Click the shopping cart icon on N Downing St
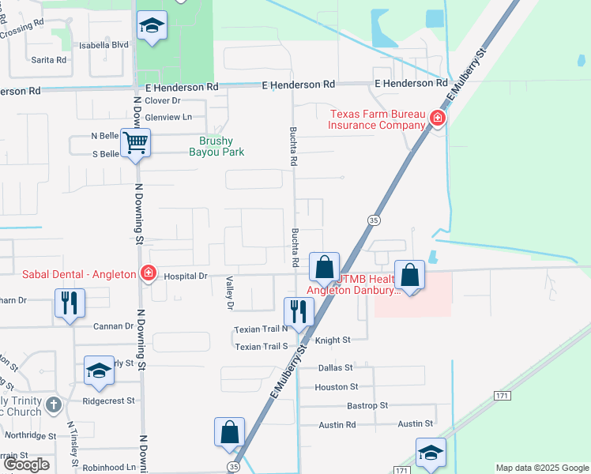pyautogui.click(x=136, y=143)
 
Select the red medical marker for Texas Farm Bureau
pyautogui.click(x=437, y=119)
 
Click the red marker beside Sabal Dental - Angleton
pyautogui.click(x=148, y=273)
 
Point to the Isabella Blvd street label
pyautogui.click(x=104, y=45)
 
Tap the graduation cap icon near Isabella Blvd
pyautogui.click(x=149, y=26)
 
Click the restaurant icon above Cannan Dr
pyautogui.click(x=70, y=303)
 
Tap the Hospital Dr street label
pyautogui.click(x=186, y=276)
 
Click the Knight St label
pyautogui.click(x=333, y=340)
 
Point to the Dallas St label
pyautogui.click(x=334, y=368)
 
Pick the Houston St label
pyautogui.click(x=337, y=387)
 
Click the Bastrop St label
pyautogui.click(x=367, y=405)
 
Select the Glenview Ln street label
pyautogui.click(x=168, y=117)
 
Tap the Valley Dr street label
pyautogui.click(x=231, y=293)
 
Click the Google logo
pyautogui.click(x=25, y=465)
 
